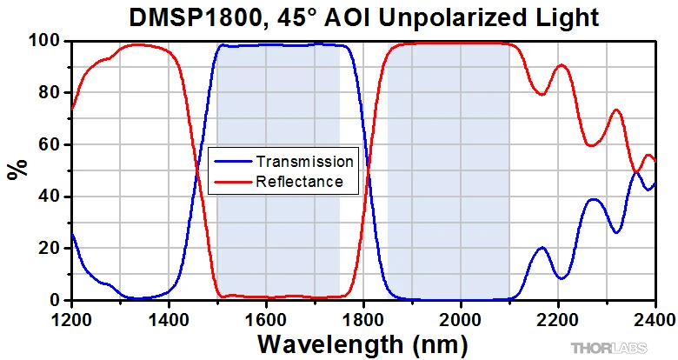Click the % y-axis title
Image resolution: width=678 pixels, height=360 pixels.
[x=17, y=170]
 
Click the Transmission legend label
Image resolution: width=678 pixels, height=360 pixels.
[x=304, y=162]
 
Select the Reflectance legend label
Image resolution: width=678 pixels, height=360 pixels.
[x=300, y=182]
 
